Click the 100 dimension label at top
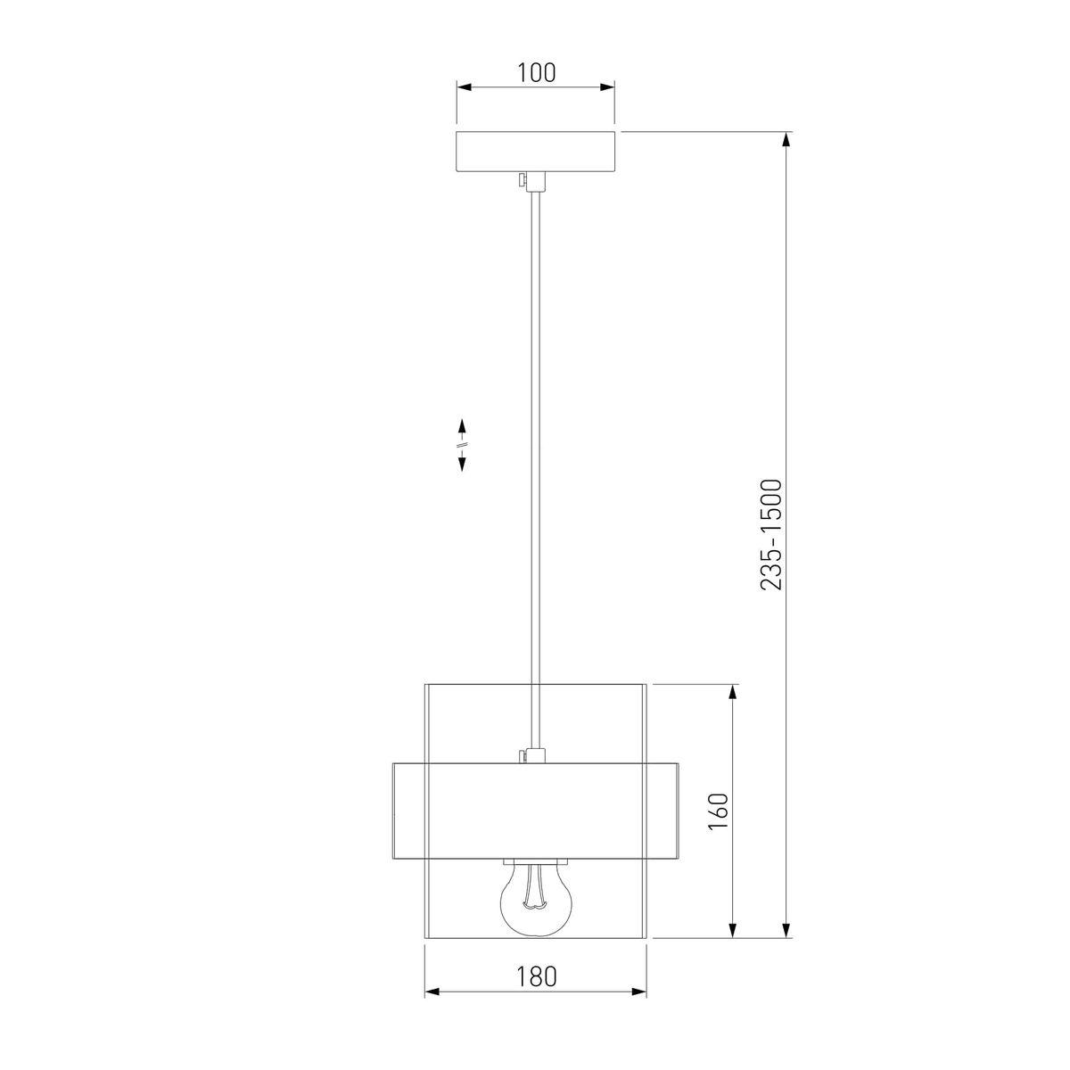point(536,73)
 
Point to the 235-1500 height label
point(771,534)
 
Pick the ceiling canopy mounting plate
point(535,152)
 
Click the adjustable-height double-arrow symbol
point(461,445)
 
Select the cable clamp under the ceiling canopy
point(532,182)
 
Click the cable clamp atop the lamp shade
point(532,755)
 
